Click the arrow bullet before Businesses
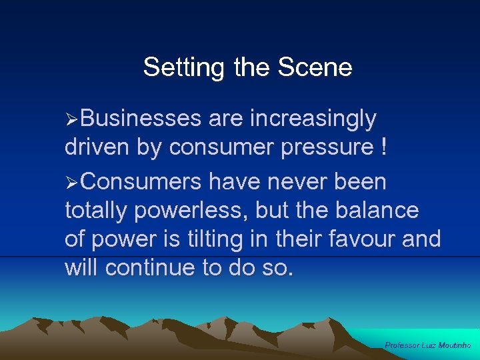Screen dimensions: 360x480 pyautogui.click(x=73, y=119)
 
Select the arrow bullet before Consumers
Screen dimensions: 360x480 pyautogui.click(x=73, y=182)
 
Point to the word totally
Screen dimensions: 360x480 pyautogui.click(x=97, y=211)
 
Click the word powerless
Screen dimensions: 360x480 pyautogui.click(x=193, y=210)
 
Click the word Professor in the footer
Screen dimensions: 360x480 pyautogui.click(x=402, y=345)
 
